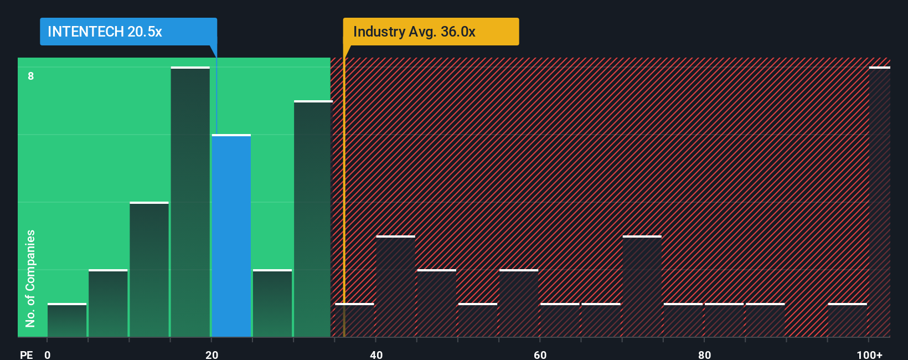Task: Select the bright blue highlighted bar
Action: click(x=231, y=235)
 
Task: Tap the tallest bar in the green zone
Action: click(x=190, y=202)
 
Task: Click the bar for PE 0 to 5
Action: click(x=66, y=320)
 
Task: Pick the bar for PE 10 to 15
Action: click(x=149, y=269)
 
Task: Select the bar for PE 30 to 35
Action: click(x=313, y=219)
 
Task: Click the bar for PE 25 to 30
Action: click(x=272, y=303)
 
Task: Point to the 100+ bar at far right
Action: click(x=879, y=202)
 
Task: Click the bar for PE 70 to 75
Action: click(x=642, y=286)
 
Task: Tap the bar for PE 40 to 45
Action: click(x=395, y=286)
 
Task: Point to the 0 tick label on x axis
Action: click(x=48, y=354)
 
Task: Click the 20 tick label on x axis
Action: click(x=211, y=354)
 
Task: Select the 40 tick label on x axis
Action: click(x=376, y=354)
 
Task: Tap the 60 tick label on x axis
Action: click(x=540, y=354)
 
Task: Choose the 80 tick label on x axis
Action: click(x=704, y=354)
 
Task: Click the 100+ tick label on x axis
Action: click(x=869, y=354)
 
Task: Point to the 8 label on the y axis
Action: click(x=31, y=76)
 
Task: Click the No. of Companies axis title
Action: click(x=30, y=278)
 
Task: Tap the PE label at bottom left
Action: click(x=26, y=354)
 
